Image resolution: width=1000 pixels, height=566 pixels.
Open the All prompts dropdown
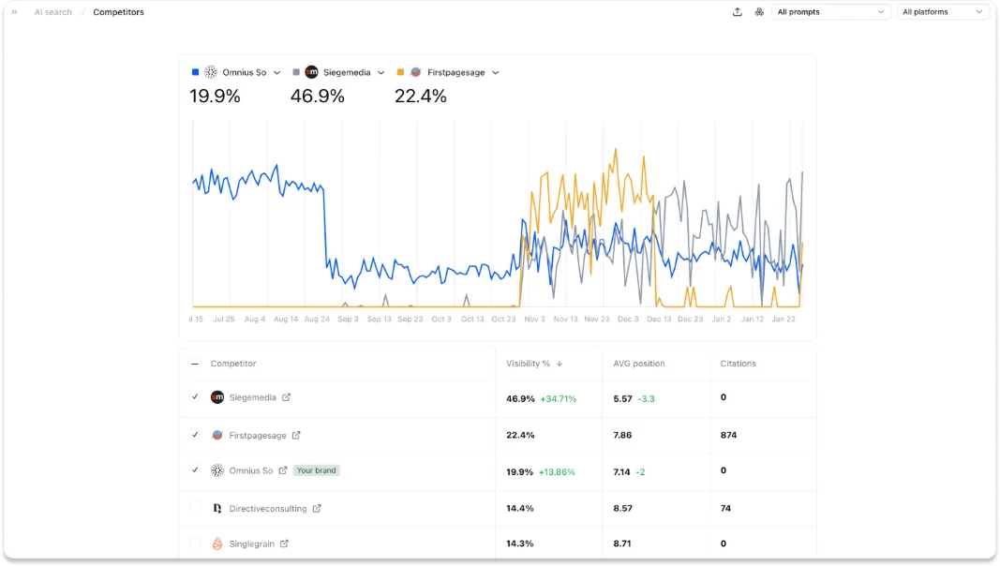[x=830, y=12]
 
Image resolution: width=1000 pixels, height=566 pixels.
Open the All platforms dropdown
[x=943, y=12]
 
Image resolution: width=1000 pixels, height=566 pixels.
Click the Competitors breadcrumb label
[x=118, y=12]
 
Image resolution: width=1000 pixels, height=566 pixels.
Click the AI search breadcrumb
[x=53, y=12]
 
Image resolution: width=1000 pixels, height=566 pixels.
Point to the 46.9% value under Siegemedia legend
[x=317, y=96]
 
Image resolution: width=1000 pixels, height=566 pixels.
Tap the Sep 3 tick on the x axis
[x=348, y=319]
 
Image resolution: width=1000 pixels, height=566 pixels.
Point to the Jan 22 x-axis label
[x=784, y=319]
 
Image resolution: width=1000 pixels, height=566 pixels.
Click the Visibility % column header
[x=529, y=364]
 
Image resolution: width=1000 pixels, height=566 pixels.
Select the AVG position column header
[x=637, y=364]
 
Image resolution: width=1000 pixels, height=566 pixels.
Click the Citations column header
[x=738, y=364]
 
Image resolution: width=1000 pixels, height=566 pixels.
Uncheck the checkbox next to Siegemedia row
[x=195, y=397]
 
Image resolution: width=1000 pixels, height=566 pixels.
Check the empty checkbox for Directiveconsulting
[x=195, y=508]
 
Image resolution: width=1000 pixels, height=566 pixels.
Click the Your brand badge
[x=316, y=470]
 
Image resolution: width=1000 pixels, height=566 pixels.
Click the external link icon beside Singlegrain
[x=285, y=544]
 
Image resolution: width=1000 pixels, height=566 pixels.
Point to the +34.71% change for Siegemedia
[x=558, y=398]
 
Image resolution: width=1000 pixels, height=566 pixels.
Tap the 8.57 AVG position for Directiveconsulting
[x=622, y=508]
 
